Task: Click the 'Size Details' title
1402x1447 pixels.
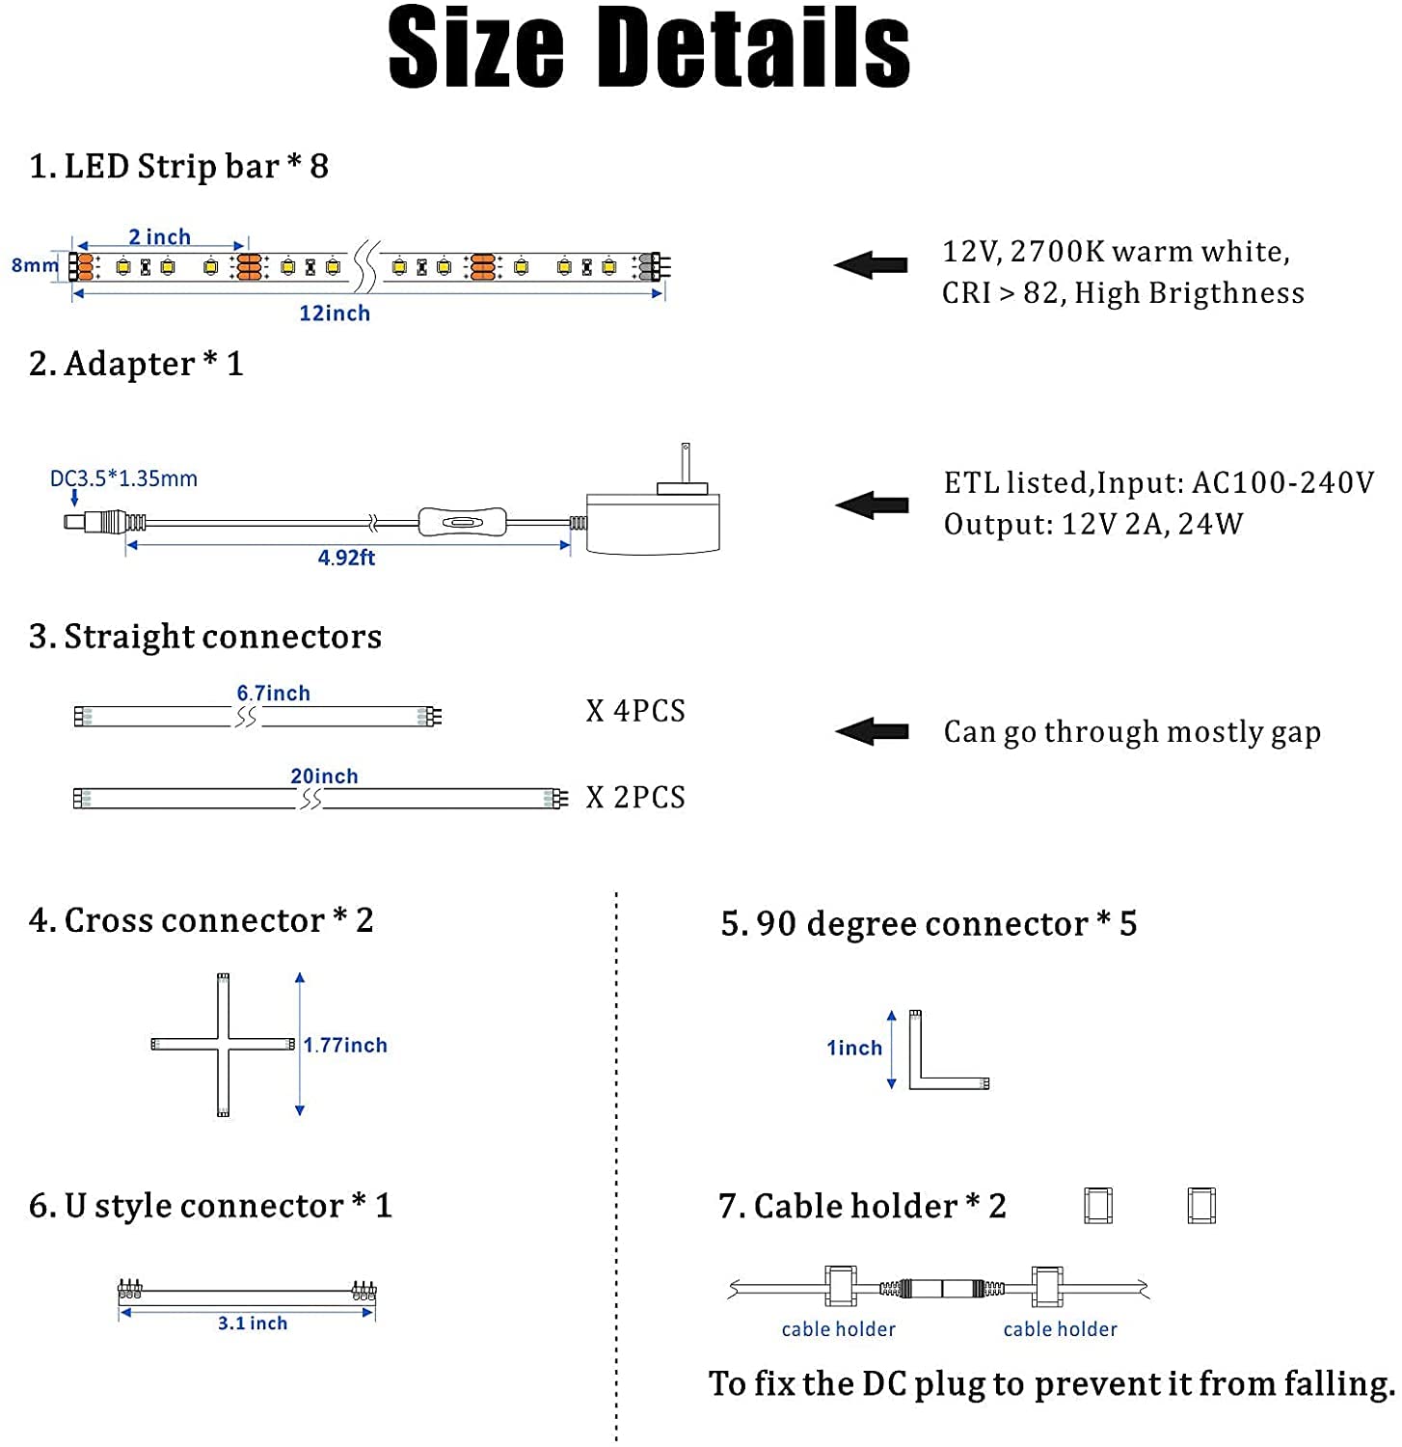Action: coord(648,48)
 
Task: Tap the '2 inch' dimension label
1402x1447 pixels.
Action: coord(159,236)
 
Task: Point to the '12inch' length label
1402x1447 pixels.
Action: coord(334,314)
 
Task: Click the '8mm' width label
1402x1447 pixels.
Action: coord(35,265)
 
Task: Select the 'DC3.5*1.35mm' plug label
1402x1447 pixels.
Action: coord(123,478)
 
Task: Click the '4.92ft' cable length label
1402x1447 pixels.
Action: coord(346,558)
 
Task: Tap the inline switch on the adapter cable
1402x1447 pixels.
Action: coord(461,523)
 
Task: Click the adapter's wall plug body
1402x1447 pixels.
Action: coord(653,523)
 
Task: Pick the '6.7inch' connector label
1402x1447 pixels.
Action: coord(274,693)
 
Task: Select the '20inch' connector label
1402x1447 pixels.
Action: coord(324,776)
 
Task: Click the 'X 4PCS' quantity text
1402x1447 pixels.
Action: coord(635,712)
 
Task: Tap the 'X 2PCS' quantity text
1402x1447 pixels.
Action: coord(635,798)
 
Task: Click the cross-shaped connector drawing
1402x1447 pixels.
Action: coord(224,1045)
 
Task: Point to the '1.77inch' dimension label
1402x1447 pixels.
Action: coord(345,1045)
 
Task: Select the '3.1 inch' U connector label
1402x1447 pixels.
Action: coord(252,1324)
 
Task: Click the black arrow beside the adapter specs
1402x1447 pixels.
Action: coord(872,505)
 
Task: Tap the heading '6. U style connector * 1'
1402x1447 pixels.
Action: coord(210,1206)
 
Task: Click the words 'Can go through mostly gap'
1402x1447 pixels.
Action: coord(1132,732)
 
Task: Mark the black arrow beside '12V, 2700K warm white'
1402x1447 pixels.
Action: coord(871,265)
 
